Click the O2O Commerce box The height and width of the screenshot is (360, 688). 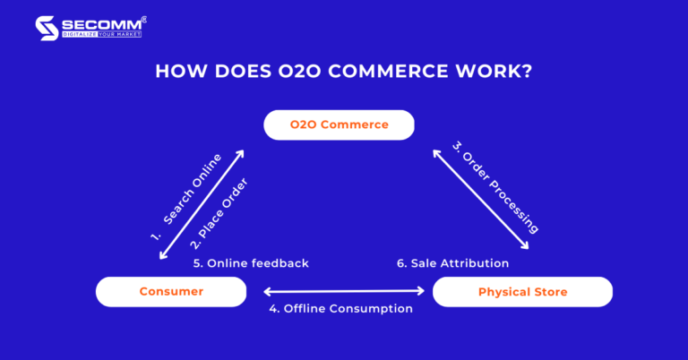(x=339, y=124)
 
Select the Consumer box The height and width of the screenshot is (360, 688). (x=171, y=291)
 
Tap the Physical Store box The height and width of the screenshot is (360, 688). (x=522, y=292)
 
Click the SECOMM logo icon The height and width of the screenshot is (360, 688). (x=47, y=28)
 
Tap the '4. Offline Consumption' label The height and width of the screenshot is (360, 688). (x=341, y=309)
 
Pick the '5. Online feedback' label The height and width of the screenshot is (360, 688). (x=251, y=263)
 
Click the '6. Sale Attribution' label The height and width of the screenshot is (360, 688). (x=453, y=263)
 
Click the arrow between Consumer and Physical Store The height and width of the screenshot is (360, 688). (x=343, y=291)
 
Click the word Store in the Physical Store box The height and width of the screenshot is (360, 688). (x=549, y=292)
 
